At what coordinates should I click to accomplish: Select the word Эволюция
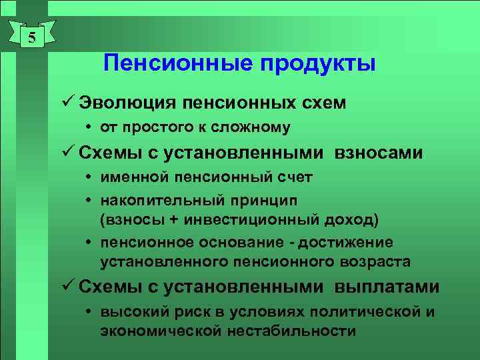pyautogui.click(x=126, y=103)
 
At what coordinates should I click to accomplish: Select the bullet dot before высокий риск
pyautogui.click(x=89, y=312)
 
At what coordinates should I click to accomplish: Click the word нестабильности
pyautogui.click(x=297, y=331)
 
